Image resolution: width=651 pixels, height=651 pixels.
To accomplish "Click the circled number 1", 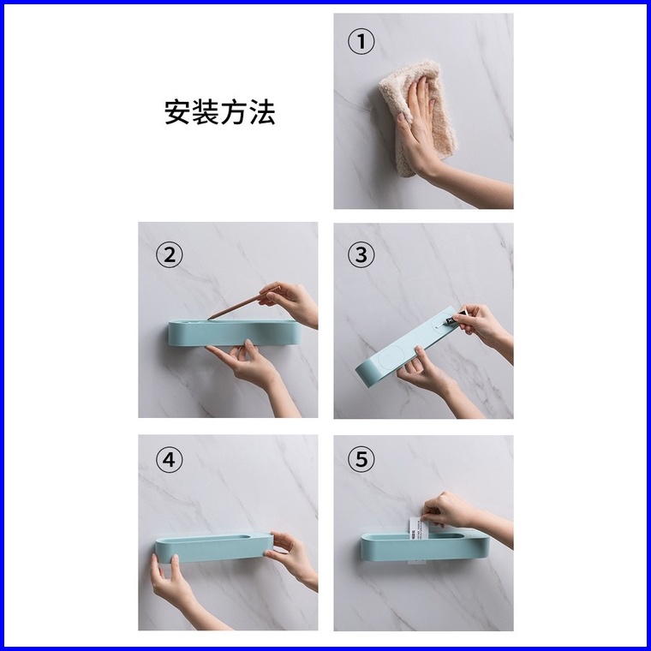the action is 361,41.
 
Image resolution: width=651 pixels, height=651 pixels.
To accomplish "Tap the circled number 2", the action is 169,254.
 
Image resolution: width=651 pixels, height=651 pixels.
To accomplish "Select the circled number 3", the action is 361,254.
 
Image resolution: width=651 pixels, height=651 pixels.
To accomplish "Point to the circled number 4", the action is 169,460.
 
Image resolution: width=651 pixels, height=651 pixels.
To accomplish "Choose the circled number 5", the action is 361,459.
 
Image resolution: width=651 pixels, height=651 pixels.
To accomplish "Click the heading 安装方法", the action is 219,112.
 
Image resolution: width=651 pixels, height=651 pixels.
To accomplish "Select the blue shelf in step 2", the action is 234,332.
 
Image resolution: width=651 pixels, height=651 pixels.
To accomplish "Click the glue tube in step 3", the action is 454,319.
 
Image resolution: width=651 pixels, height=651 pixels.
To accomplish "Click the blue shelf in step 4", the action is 214,548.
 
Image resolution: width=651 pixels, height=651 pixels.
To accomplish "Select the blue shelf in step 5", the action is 425,545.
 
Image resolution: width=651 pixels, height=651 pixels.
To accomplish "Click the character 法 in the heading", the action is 262,112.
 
